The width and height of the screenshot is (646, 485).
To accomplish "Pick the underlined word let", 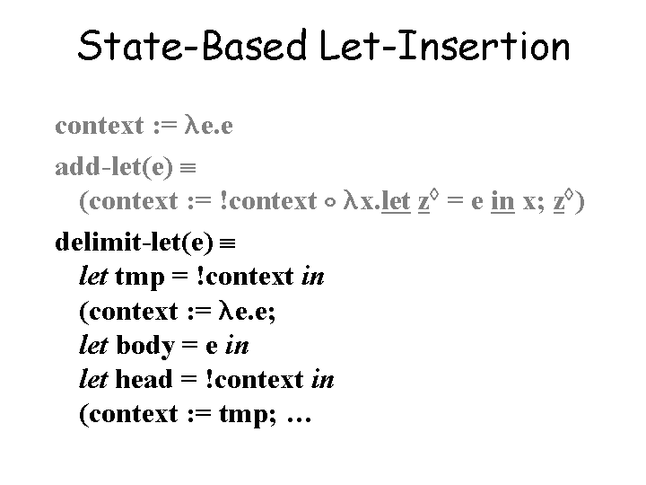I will coord(397,200).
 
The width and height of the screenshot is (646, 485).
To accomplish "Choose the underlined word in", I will coord(503,200).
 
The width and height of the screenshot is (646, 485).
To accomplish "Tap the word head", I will coord(144,380).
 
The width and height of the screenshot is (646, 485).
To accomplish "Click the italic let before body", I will coord(94,346).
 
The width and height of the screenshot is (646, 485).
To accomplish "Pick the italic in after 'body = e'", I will coord(238,346).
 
